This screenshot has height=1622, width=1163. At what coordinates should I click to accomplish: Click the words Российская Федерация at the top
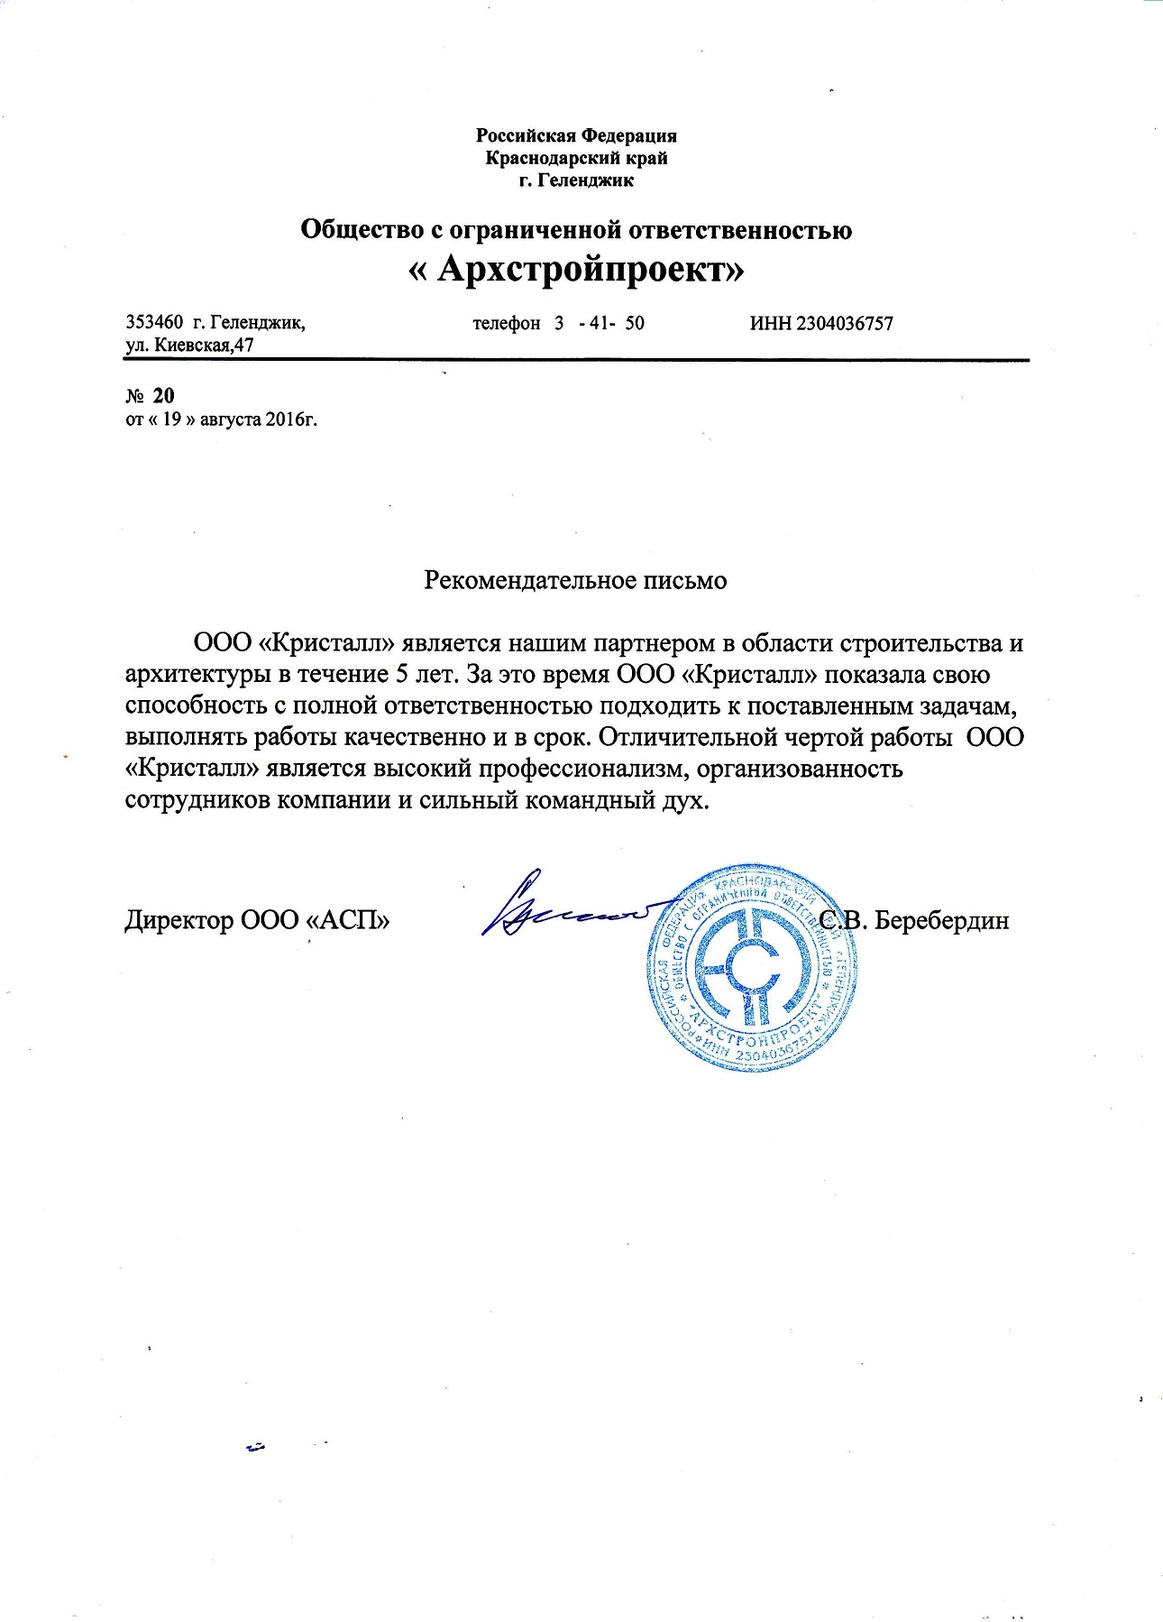[x=576, y=136]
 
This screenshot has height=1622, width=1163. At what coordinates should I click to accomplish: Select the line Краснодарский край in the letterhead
[x=576, y=158]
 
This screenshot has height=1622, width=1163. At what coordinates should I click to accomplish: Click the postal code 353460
[x=155, y=323]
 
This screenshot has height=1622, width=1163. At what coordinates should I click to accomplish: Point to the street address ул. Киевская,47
[x=189, y=345]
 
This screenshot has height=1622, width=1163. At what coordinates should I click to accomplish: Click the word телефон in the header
[x=506, y=323]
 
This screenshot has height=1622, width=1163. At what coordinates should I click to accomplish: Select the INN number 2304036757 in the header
[x=845, y=323]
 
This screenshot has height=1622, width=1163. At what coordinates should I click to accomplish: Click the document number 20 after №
[x=163, y=395]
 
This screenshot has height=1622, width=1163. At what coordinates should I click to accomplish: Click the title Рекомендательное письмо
[x=575, y=580]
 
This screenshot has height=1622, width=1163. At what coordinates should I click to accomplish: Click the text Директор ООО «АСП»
[x=257, y=920]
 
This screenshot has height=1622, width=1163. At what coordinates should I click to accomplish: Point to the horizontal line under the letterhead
[x=576, y=361]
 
